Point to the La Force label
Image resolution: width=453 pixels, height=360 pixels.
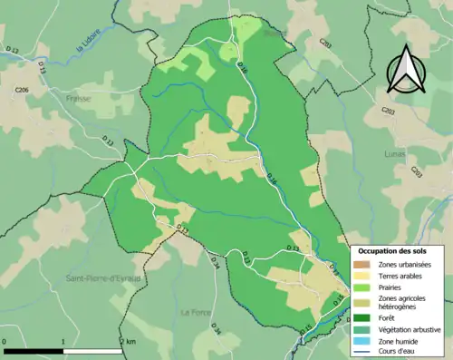tap(195, 312)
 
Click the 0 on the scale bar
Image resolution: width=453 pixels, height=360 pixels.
tap(5, 342)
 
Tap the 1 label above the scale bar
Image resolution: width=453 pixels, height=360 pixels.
tap(63, 342)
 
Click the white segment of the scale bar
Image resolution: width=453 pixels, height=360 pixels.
tap(92, 350)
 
